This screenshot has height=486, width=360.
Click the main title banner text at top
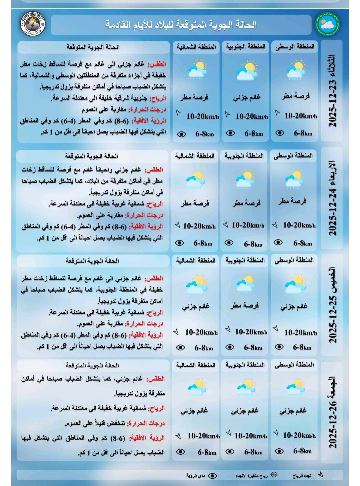pos(181,24)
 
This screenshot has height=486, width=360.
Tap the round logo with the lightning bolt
pos(32,24)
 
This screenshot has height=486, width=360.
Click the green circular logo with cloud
pos(326,24)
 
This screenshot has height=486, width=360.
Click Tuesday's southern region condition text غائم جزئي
pos(247,98)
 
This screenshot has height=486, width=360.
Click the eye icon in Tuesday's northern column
pos(181,134)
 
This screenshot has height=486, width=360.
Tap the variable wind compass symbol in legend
pos(274,475)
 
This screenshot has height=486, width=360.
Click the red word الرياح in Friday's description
pos(157,408)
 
